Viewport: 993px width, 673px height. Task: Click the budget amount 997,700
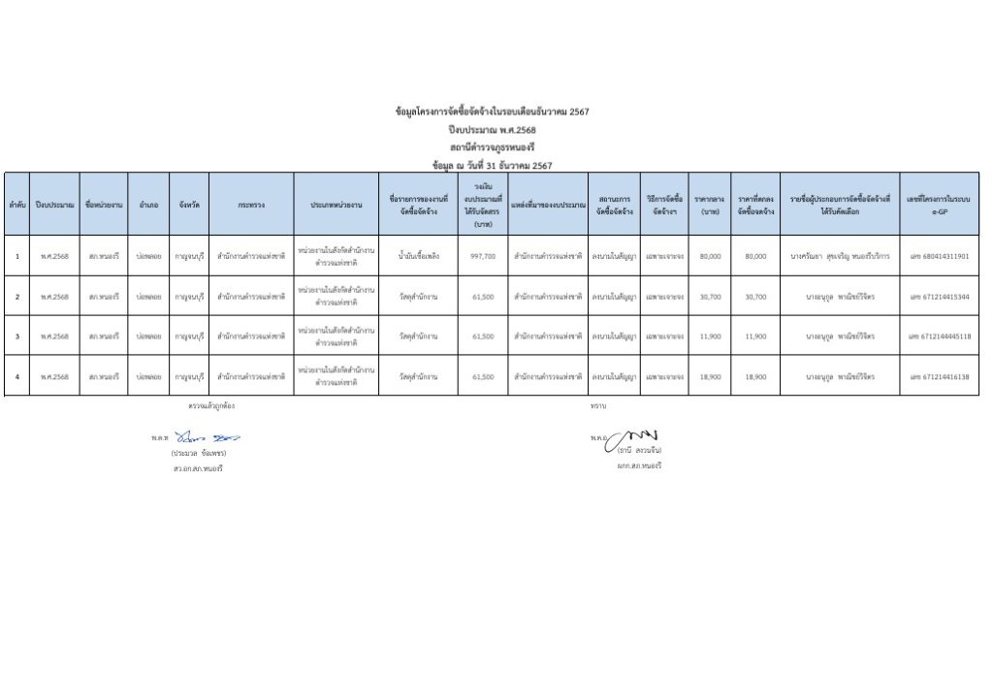point(482,256)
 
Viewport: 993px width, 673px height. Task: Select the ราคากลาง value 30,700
point(710,297)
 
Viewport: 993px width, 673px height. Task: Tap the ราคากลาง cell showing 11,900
point(710,336)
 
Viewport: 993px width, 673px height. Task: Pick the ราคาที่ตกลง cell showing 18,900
point(755,376)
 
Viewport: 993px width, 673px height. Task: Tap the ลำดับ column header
point(16,205)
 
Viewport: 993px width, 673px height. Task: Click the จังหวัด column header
point(189,205)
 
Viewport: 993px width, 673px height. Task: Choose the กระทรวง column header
point(251,205)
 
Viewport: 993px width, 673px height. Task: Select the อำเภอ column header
point(148,205)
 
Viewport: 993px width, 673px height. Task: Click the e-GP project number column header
point(939,205)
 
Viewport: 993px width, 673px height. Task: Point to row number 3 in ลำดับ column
point(17,336)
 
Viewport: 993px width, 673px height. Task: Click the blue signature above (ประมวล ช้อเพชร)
point(207,437)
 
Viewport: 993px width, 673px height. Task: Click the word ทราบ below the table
point(597,404)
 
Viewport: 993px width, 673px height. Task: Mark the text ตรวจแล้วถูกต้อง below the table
point(211,404)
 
